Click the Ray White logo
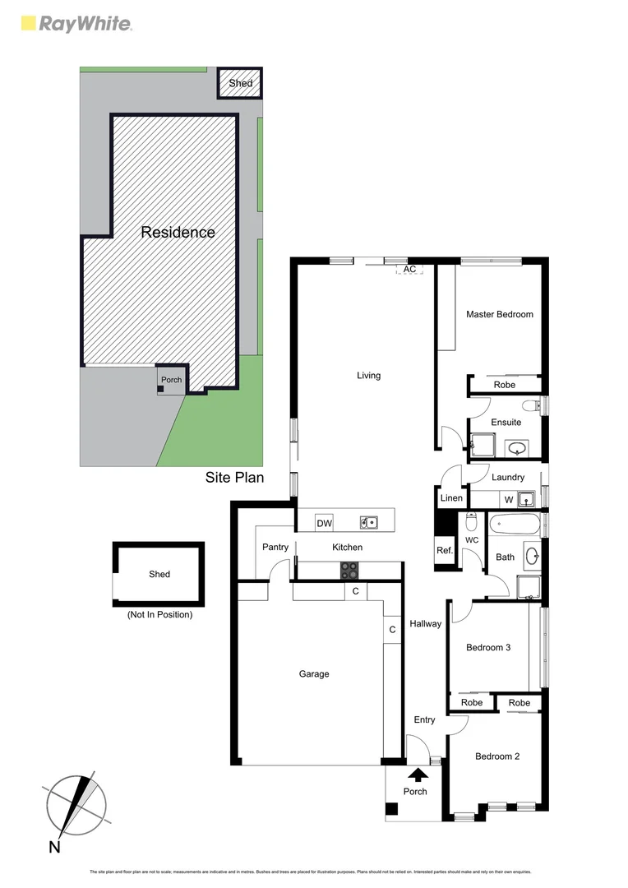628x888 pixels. [75, 23]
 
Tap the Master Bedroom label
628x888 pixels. [499, 314]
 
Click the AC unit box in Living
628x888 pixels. [409, 269]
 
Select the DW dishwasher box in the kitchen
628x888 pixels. [324, 523]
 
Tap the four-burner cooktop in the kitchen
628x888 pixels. [349, 570]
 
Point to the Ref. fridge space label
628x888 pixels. [444, 551]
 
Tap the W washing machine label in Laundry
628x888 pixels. [509, 499]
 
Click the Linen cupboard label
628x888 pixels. [451, 498]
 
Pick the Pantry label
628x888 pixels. [275, 548]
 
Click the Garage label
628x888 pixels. [313, 674]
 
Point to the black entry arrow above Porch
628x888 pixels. [418, 774]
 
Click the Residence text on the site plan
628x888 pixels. [178, 233]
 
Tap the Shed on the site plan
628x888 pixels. [240, 83]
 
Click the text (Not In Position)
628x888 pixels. [159, 614]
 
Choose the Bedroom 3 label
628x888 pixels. [488, 647]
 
